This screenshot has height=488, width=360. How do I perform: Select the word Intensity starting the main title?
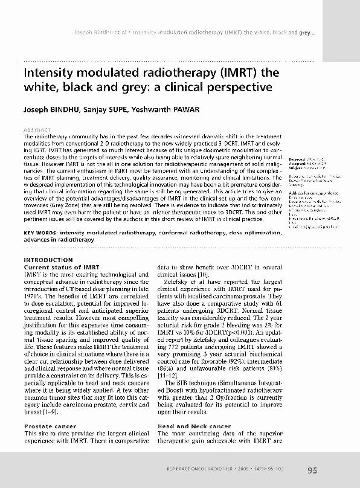[48, 72]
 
